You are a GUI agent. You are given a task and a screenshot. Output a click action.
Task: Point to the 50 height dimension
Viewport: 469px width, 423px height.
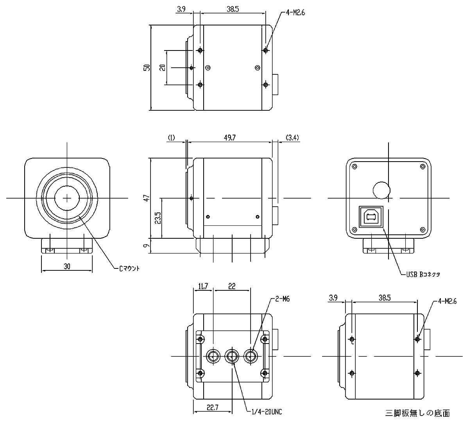[x=147, y=67]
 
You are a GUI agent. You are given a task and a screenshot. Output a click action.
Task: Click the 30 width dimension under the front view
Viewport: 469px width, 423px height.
[x=67, y=266]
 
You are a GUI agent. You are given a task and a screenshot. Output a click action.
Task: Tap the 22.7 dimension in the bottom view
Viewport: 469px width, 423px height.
[x=212, y=407]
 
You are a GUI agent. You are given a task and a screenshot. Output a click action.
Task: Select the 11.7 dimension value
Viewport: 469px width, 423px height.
[x=203, y=286]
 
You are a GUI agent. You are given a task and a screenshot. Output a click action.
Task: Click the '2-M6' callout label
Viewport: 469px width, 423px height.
[x=283, y=299]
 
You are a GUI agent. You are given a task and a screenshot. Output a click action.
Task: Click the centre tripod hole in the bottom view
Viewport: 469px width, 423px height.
[x=232, y=356]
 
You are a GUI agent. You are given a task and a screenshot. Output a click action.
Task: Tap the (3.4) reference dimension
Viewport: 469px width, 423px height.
[x=293, y=137]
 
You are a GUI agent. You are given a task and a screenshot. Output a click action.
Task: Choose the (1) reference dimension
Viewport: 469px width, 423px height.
[x=171, y=137]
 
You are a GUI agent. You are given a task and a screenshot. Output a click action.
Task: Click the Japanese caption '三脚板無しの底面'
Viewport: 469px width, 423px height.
[x=417, y=413]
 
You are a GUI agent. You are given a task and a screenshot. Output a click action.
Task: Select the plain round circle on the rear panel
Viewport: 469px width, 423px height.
[x=381, y=190]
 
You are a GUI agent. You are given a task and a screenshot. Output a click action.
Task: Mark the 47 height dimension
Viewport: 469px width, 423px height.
[x=147, y=198]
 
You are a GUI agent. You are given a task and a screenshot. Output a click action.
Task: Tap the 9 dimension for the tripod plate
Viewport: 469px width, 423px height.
[x=147, y=246]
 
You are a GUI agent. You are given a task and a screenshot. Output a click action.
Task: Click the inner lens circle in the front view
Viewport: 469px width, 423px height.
[x=67, y=198]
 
